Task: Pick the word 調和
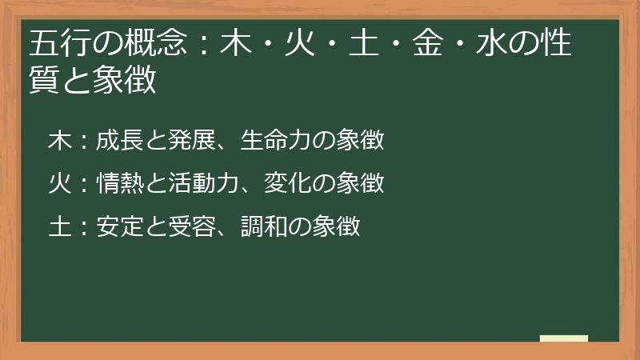coord(263,226)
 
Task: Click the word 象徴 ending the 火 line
coord(359,184)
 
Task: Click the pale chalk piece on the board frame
coord(564,338)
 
